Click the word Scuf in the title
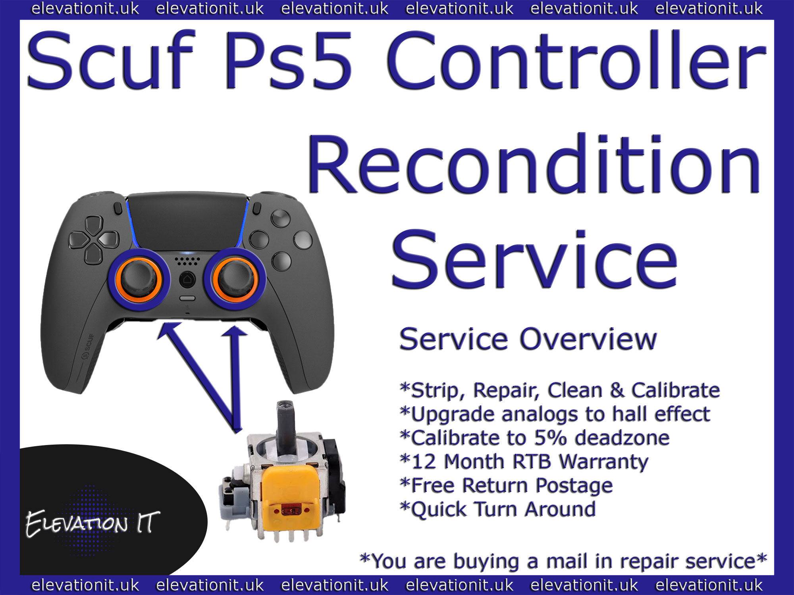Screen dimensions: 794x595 (x=110, y=59)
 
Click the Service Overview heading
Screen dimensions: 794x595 (x=528, y=339)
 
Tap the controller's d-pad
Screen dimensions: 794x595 (x=94, y=240)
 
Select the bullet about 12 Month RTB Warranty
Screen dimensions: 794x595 (x=524, y=462)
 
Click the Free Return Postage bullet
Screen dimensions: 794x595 (x=506, y=486)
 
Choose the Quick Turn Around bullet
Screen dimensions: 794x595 (x=498, y=509)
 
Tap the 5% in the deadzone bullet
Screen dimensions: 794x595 (x=550, y=438)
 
